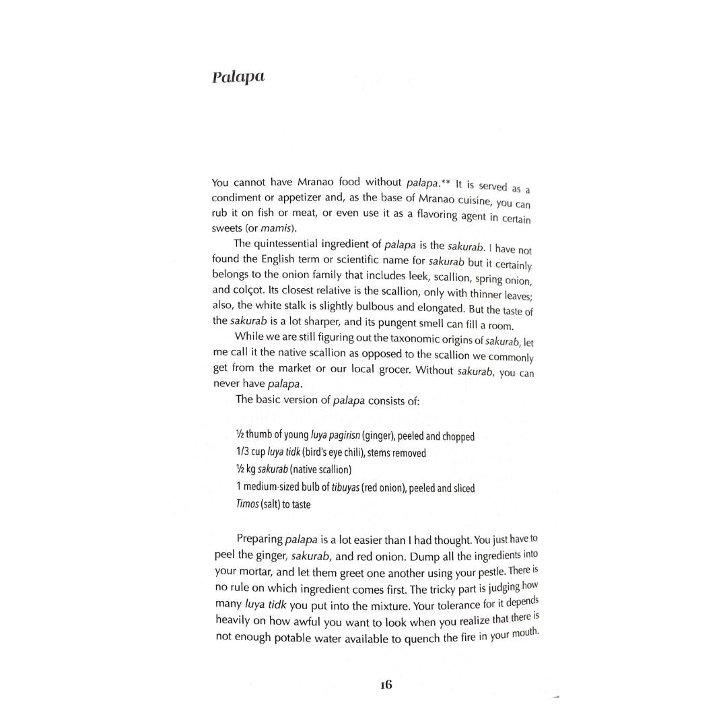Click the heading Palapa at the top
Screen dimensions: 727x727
tap(238, 77)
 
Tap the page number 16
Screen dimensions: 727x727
tap(386, 685)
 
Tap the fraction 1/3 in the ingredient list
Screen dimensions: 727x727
tap(244, 453)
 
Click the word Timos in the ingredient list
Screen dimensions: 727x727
tap(247, 504)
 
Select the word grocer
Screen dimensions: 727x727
tap(389, 370)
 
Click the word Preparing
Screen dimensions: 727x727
tap(259, 539)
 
